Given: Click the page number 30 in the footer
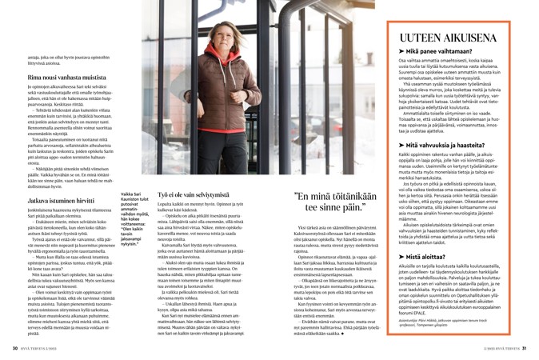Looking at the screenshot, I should click(x=14, y=348).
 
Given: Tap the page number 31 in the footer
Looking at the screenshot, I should click(x=523, y=348).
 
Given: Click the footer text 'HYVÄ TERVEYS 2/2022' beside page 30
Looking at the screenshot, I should click(x=38, y=348).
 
